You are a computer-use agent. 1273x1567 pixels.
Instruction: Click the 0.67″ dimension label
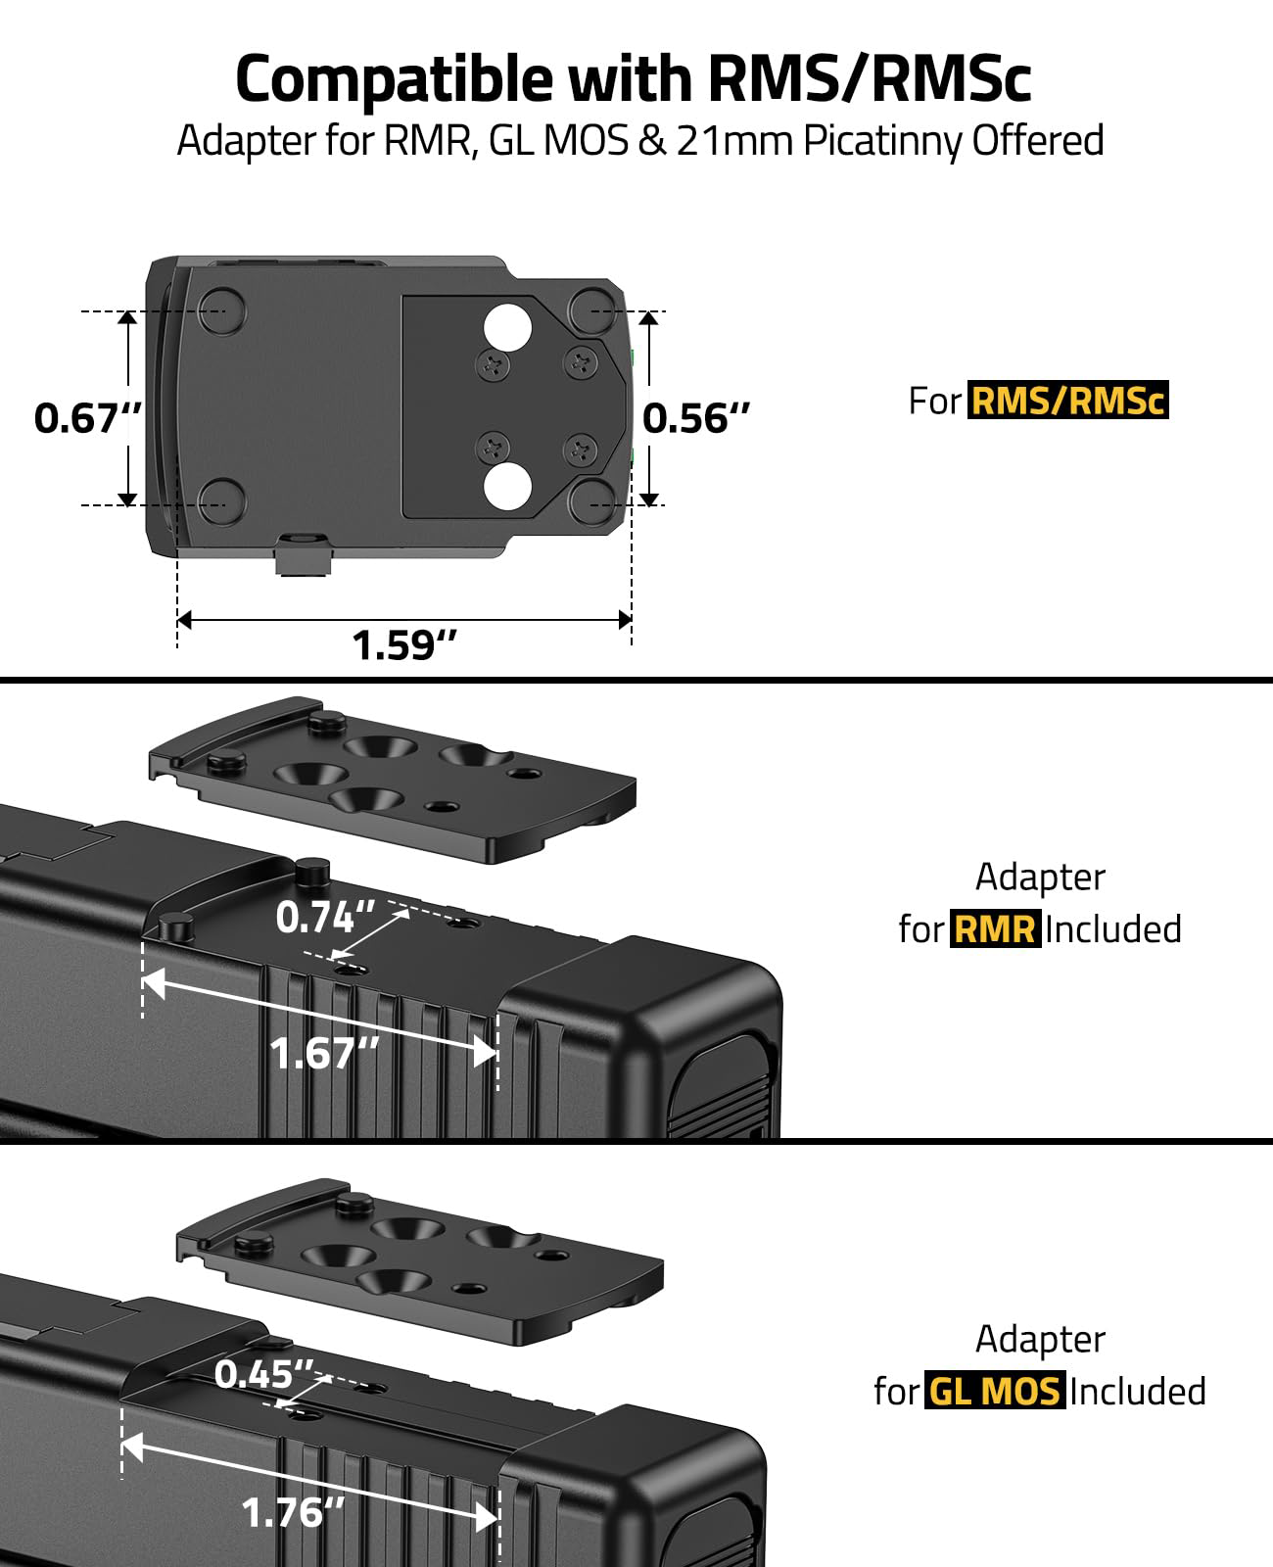tap(87, 418)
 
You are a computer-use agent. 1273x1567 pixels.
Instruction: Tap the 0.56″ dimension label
tap(695, 418)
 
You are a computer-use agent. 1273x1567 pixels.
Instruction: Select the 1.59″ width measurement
tap(404, 644)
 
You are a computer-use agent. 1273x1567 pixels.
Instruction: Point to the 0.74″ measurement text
tap(325, 917)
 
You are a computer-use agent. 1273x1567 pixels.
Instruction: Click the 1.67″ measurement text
tap(324, 1053)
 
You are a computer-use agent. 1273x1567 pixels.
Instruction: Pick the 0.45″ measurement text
tap(264, 1373)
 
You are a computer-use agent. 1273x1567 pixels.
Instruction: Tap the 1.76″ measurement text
tap(293, 1512)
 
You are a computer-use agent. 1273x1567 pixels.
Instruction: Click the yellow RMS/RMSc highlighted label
tap(1067, 401)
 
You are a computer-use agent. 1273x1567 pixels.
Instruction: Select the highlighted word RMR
tap(995, 928)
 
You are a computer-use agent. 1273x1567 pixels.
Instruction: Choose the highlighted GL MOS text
tap(995, 1391)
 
